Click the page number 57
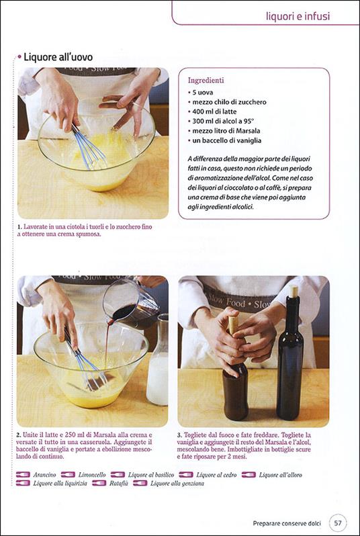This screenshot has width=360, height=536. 338,521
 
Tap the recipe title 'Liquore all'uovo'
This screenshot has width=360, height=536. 58,57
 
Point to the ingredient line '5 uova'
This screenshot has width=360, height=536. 204,93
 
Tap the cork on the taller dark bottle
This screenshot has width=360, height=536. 293,291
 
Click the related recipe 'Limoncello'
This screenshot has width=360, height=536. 92,475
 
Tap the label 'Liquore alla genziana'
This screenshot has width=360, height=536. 177,483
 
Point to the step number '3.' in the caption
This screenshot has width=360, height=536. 181,435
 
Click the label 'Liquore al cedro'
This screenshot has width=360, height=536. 214,475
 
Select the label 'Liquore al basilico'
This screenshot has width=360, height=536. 150,475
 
